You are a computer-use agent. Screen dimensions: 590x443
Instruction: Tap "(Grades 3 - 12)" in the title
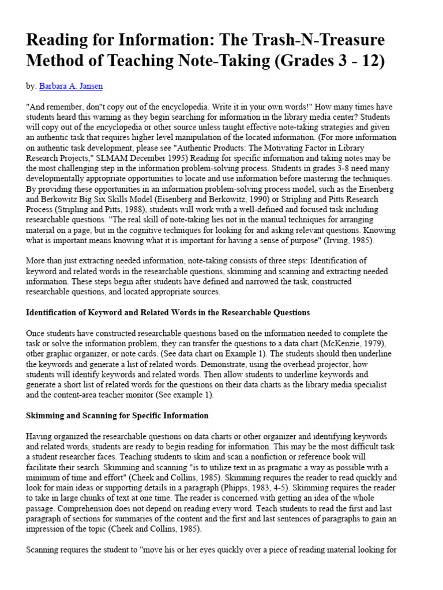[x=326, y=61]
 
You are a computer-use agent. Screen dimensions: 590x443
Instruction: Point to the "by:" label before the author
[x=31, y=86]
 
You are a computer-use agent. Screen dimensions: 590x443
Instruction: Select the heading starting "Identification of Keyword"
[x=168, y=312]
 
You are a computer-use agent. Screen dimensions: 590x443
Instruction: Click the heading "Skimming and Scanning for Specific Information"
[x=117, y=415]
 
